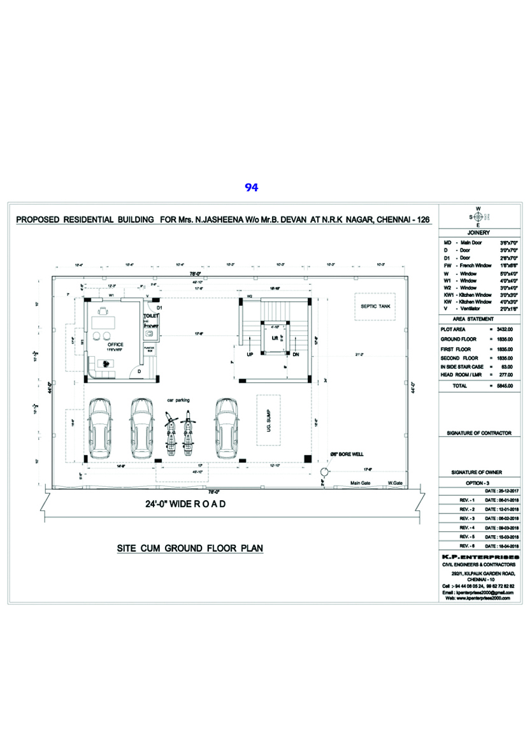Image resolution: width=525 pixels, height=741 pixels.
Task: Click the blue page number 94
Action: [251, 187]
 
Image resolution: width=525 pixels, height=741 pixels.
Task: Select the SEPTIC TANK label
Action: [375, 306]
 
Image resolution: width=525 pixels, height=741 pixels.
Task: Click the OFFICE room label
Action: [115, 344]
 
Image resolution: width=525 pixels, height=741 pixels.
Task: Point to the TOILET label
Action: [150, 315]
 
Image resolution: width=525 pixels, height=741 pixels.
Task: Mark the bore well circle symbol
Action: [325, 471]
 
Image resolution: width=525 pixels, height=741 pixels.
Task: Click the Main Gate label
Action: [361, 483]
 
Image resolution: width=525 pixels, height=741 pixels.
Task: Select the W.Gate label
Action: [395, 483]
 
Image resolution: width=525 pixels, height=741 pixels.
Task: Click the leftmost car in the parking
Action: [101, 428]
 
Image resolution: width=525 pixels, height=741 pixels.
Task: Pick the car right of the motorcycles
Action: [225, 428]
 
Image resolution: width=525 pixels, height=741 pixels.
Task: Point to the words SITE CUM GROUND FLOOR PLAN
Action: [190, 548]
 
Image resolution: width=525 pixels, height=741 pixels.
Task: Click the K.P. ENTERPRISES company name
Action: [479, 557]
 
